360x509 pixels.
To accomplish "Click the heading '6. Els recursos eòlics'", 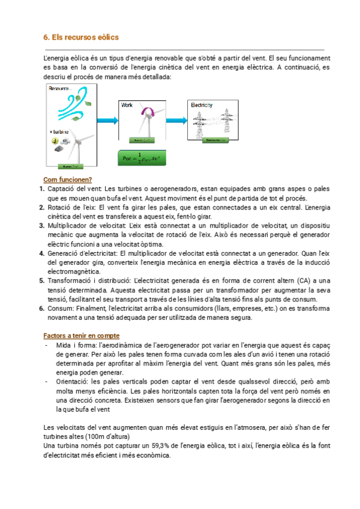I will (81, 37).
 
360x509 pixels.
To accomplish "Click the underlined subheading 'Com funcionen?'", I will (67, 179).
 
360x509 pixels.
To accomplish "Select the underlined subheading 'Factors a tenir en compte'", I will (81, 336).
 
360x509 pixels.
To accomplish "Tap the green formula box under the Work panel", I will (142, 158).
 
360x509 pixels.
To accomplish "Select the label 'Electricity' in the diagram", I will (202, 105).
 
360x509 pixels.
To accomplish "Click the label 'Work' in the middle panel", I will (127, 105).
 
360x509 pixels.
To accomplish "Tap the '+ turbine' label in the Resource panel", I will (59, 132).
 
